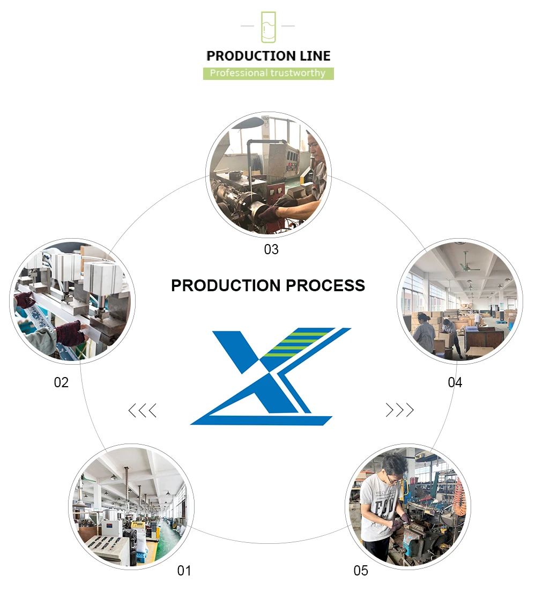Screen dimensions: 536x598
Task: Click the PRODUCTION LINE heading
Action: pyautogui.click(x=269, y=56)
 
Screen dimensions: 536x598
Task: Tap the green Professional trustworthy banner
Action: pyautogui.click(x=268, y=73)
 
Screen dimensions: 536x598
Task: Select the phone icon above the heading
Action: pyautogui.click(x=268, y=27)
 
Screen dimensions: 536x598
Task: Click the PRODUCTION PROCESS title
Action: pyautogui.click(x=268, y=285)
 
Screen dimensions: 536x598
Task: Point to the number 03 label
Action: pyautogui.click(x=271, y=249)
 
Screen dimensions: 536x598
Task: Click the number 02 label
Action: pyautogui.click(x=61, y=382)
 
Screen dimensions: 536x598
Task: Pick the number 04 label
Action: pyautogui.click(x=455, y=382)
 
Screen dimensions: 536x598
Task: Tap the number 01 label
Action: pyautogui.click(x=184, y=571)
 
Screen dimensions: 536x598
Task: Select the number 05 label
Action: pyautogui.click(x=361, y=571)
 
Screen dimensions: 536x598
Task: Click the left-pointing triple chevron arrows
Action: pyautogui.click(x=142, y=411)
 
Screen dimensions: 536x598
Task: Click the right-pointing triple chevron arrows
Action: pyautogui.click(x=400, y=410)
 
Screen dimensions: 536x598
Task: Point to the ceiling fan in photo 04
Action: pyautogui.click(x=464, y=264)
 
